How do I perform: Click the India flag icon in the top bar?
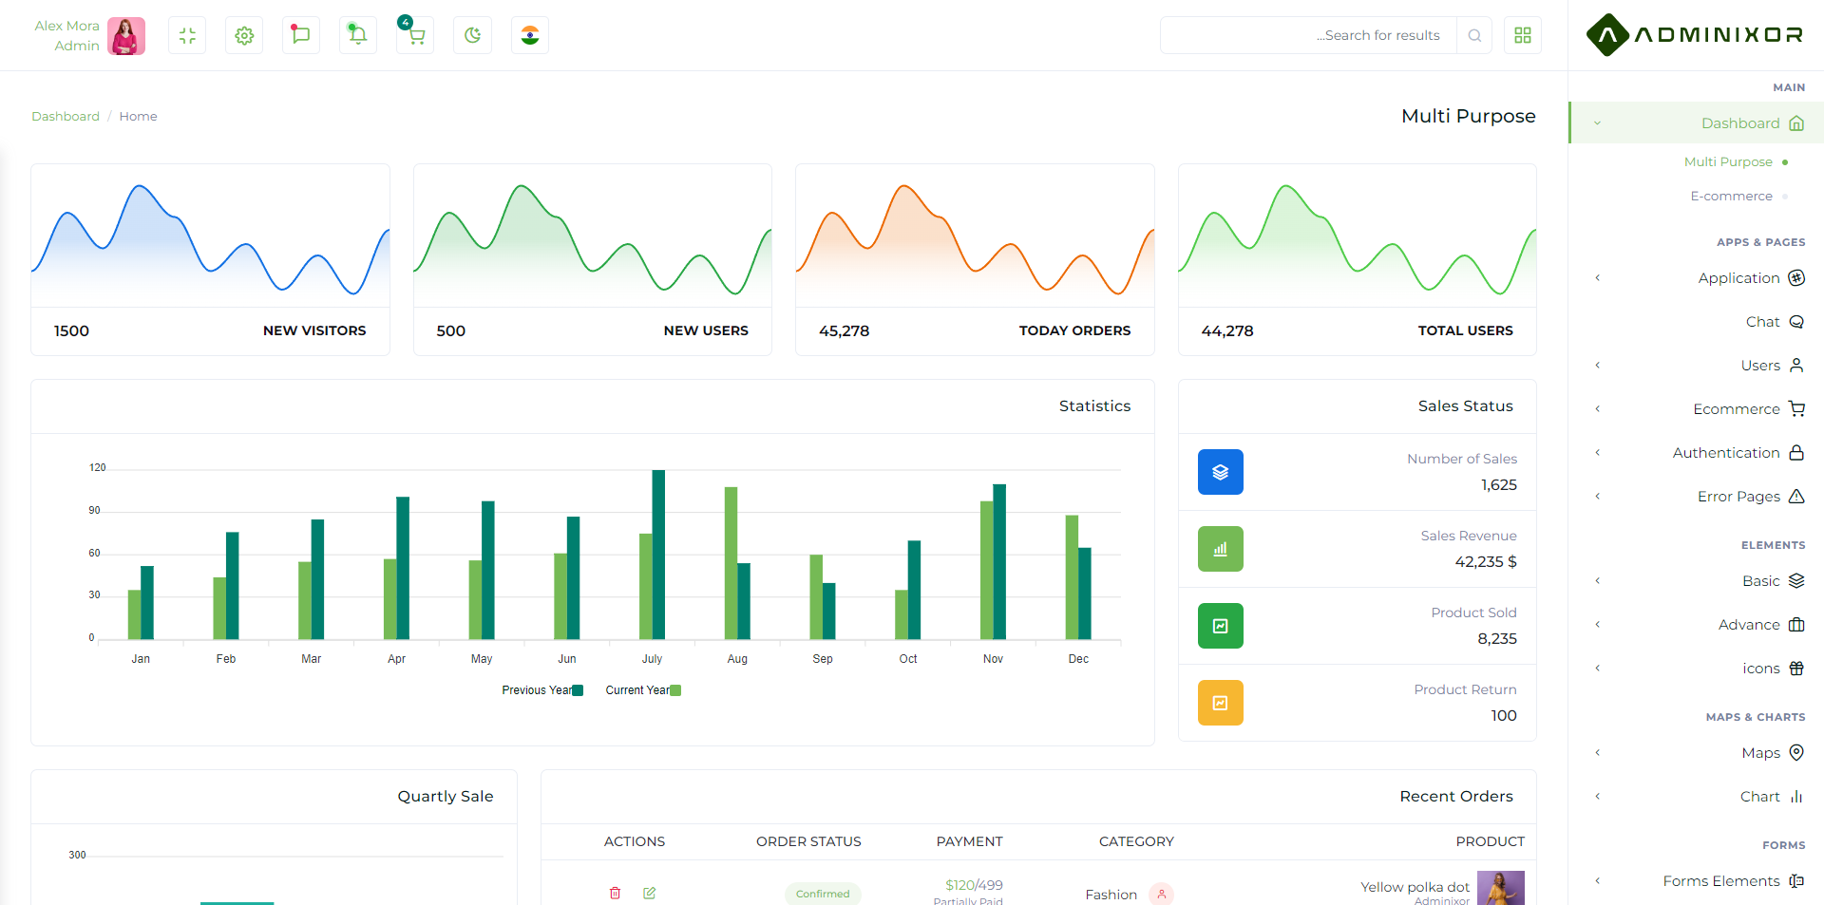pyautogui.click(x=530, y=35)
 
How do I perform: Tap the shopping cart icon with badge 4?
pyautogui.click(x=415, y=35)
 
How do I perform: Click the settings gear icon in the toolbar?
pyautogui.click(x=244, y=35)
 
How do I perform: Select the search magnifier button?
pyautogui.click(x=1474, y=35)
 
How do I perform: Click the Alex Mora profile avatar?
pyautogui.click(x=126, y=36)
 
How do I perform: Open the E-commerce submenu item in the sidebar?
pyautogui.click(x=1731, y=196)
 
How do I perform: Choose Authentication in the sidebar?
pyautogui.click(x=1726, y=453)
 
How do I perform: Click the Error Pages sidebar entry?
pyautogui.click(x=1738, y=497)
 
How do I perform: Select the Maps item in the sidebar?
pyautogui.click(x=1761, y=753)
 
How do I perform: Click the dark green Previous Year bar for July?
pyautogui.click(x=658, y=555)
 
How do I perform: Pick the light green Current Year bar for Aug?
pyautogui.click(x=731, y=563)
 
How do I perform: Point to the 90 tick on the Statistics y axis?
pyautogui.click(x=94, y=510)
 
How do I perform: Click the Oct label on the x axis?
pyautogui.click(x=908, y=659)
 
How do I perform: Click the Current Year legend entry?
pyautogui.click(x=643, y=690)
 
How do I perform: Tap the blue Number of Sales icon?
pyautogui.click(x=1221, y=472)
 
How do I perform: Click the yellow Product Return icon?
pyautogui.click(x=1221, y=703)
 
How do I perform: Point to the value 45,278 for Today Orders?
pyautogui.click(x=844, y=330)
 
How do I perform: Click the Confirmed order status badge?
pyautogui.click(x=823, y=894)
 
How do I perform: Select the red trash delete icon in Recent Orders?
pyautogui.click(x=616, y=893)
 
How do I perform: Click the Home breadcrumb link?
pyautogui.click(x=138, y=116)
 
